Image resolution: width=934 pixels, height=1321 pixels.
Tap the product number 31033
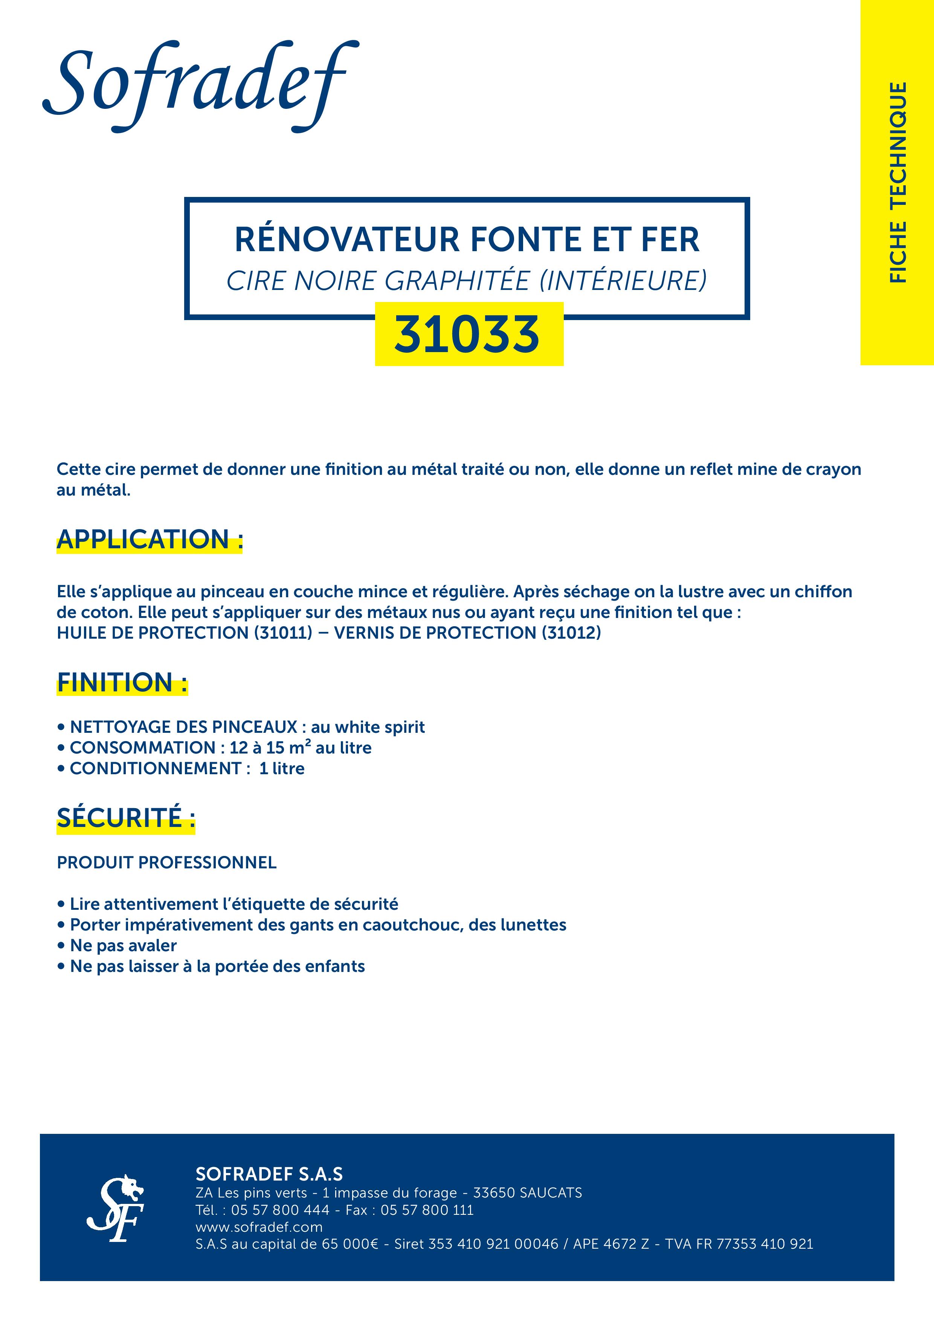pyautogui.click(x=467, y=334)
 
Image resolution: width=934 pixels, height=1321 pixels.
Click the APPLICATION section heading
pyautogui.click(x=150, y=540)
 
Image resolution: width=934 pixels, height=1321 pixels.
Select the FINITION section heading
pyautogui.click(x=122, y=682)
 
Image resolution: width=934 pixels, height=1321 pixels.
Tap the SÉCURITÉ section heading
pyautogui.click(x=125, y=818)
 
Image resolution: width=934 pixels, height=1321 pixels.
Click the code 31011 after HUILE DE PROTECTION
pyautogui.click(x=283, y=633)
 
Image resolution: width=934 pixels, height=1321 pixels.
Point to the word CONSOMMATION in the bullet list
pyautogui.click(x=142, y=748)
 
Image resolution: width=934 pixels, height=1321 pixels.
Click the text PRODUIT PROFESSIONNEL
pyautogui.click(x=166, y=862)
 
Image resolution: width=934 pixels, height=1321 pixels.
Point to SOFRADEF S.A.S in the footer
pyautogui.click(x=269, y=1174)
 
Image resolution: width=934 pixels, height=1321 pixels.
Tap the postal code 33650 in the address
pyautogui.click(x=494, y=1193)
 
